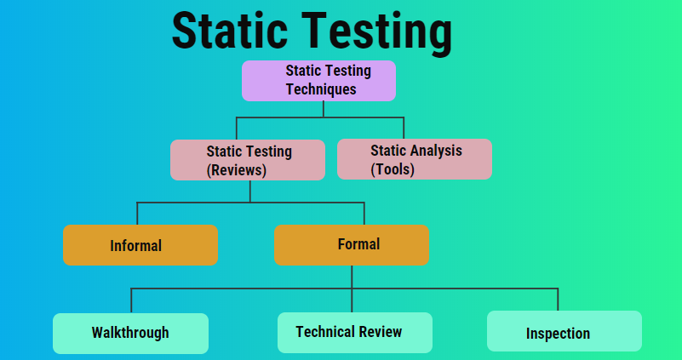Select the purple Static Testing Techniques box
(318, 81)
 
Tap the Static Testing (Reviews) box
(247, 160)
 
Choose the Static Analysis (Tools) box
(414, 159)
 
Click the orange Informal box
(140, 245)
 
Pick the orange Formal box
(351, 245)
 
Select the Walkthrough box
(130, 333)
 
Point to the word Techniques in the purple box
(321, 89)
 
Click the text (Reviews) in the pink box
(237, 169)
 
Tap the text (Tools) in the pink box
(393, 169)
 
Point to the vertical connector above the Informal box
(137, 214)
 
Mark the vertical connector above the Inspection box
(558, 300)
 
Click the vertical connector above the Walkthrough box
(131, 301)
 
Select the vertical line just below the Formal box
(352, 276)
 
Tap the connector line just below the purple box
(323, 108)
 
